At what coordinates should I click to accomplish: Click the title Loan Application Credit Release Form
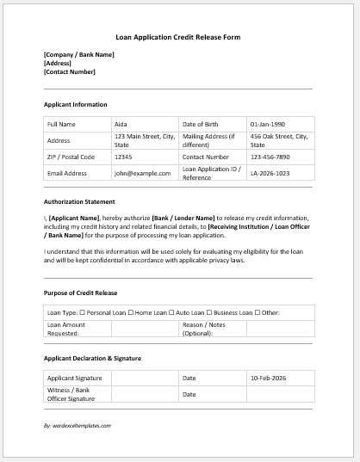coord(178,38)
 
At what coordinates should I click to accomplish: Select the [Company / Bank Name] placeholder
coord(78,55)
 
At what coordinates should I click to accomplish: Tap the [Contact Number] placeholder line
coord(71,71)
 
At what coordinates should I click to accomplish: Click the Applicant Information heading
coord(75,104)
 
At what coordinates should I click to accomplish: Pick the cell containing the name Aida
coord(121,124)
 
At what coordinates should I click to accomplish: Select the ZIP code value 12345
coord(123,157)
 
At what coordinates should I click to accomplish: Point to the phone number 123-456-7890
coord(270,157)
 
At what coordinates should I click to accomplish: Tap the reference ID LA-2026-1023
coord(270,174)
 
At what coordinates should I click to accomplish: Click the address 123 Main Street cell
coord(144,140)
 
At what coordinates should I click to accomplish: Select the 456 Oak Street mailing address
coord(279,140)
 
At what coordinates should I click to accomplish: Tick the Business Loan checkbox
coord(210,312)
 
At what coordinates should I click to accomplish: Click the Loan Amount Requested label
coord(66,329)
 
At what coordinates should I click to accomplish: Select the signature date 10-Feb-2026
coord(269,378)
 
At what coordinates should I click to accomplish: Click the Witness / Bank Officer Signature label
coord(71,394)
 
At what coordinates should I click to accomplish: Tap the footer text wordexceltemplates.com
coord(78,425)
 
